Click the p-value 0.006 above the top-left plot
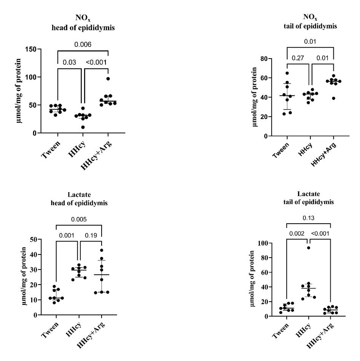point(83,45)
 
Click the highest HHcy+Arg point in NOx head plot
point(108,79)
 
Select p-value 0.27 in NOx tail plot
point(299,58)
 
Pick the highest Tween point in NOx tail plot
point(287,73)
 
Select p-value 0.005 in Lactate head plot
point(79,219)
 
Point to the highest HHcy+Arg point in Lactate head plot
point(102,250)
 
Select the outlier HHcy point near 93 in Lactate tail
point(308,248)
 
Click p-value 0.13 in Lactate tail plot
point(307,218)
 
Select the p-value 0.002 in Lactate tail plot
point(296,234)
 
